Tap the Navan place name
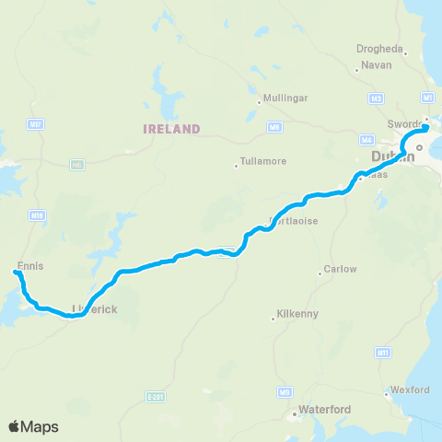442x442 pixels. (377, 65)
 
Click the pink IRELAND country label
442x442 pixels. (171, 128)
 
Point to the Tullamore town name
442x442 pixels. (263, 161)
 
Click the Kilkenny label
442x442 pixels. (296, 315)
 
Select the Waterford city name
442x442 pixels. (322, 409)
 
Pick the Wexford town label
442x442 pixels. (411, 390)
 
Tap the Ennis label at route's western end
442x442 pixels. (30, 266)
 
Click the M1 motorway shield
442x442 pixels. (426, 97)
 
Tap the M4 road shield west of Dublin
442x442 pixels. (367, 139)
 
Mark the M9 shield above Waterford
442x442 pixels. (285, 392)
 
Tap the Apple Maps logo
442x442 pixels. (33, 426)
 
